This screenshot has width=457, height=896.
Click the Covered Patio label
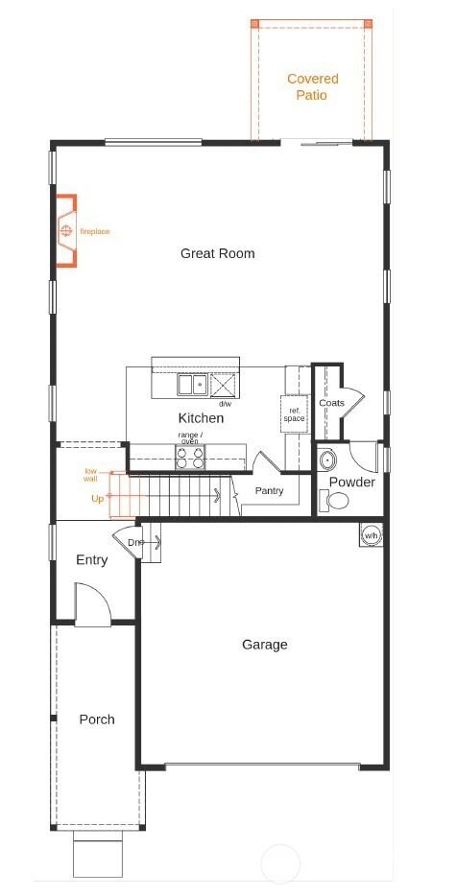pos(312,87)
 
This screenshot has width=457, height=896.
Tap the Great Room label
pos(217,253)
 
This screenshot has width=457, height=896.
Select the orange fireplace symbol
pos(65,231)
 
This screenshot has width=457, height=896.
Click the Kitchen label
pos(201,418)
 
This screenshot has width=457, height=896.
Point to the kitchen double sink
pos(192,385)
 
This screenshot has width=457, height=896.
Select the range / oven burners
pos(190,457)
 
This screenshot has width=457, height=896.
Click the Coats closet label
pos(331,403)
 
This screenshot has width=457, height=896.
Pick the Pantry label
pos(268,491)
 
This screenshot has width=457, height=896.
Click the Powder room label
pos(351,482)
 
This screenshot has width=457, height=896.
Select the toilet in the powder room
pos(334,500)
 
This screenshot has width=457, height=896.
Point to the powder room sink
pos(327,458)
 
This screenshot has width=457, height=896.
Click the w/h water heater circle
pos(371,535)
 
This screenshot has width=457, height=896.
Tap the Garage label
pos(264,645)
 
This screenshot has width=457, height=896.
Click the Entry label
pos(91,560)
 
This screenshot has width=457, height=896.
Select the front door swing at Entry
pos(94,608)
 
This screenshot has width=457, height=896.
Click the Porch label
pos(96,719)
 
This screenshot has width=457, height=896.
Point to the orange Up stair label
pos(97,499)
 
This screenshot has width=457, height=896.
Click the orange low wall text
pos(91,475)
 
